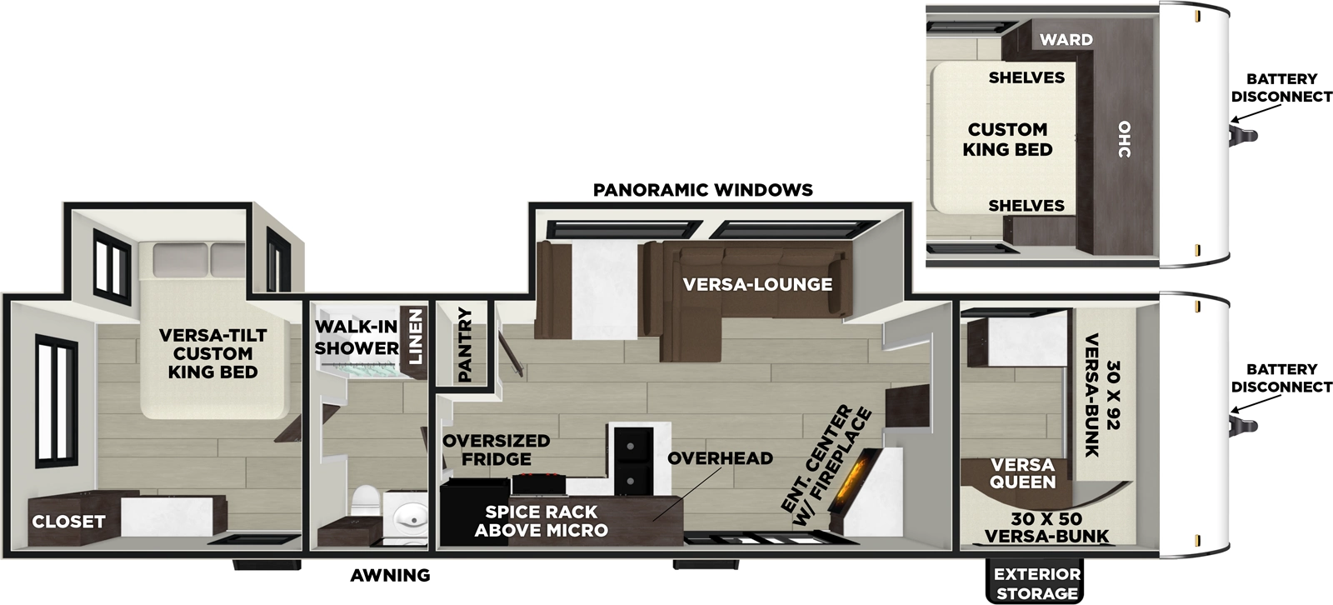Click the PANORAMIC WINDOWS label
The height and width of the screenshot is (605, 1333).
pyautogui.click(x=702, y=190)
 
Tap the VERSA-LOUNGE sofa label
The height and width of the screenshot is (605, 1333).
pyautogui.click(x=757, y=284)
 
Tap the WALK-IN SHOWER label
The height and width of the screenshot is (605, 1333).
pyautogui.click(x=357, y=337)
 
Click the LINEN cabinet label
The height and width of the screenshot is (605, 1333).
pyautogui.click(x=415, y=337)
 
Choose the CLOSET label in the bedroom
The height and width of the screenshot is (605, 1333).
pyautogui.click(x=68, y=522)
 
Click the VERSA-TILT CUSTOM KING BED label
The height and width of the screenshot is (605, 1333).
pyautogui.click(x=213, y=353)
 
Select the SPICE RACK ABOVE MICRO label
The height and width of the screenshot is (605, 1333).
pyautogui.click(x=541, y=521)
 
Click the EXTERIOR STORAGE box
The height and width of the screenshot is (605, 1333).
pyautogui.click(x=1036, y=583)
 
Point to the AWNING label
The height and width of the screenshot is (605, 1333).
pyautogui.click(x=390, y=575)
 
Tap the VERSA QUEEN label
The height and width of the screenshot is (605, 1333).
pyautogui.click(x=1022, y=473)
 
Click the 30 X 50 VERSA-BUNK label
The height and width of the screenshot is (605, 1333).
pyautogui.click(x=1046, y=527)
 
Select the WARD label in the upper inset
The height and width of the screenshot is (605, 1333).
pyautogui.click(x=1066, y=39)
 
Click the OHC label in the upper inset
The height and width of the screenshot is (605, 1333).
pyautogui.click(x=1124, y=139)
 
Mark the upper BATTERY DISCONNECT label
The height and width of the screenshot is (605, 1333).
pyautogui.click(x=1281, y=87)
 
